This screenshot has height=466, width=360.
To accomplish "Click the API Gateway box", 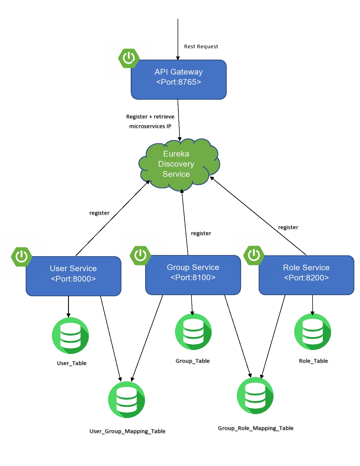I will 178,79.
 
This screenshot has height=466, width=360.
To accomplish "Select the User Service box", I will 73,276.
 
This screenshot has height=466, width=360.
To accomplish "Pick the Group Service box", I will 193,275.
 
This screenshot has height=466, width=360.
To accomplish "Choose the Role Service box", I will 306,275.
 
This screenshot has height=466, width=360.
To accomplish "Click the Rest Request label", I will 201,46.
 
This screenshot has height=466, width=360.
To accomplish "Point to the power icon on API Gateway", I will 129,58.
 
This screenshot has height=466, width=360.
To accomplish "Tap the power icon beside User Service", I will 21,257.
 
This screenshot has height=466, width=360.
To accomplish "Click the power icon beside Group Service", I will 140,255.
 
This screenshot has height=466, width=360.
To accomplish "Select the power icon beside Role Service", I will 254,255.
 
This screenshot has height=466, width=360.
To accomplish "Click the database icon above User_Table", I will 70,336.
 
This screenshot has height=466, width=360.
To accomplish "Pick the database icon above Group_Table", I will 193,332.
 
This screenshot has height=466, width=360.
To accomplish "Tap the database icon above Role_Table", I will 312,332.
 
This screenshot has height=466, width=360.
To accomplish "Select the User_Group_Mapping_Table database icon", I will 126,400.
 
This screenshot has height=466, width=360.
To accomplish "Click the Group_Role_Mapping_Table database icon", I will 255,395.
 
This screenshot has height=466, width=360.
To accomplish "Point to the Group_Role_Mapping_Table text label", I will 256,428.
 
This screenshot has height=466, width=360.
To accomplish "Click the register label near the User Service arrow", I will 99,213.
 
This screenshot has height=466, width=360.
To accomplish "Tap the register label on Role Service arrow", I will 288,227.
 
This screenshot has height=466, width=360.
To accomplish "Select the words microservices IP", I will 150,126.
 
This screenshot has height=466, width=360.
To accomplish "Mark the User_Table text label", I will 71,363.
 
